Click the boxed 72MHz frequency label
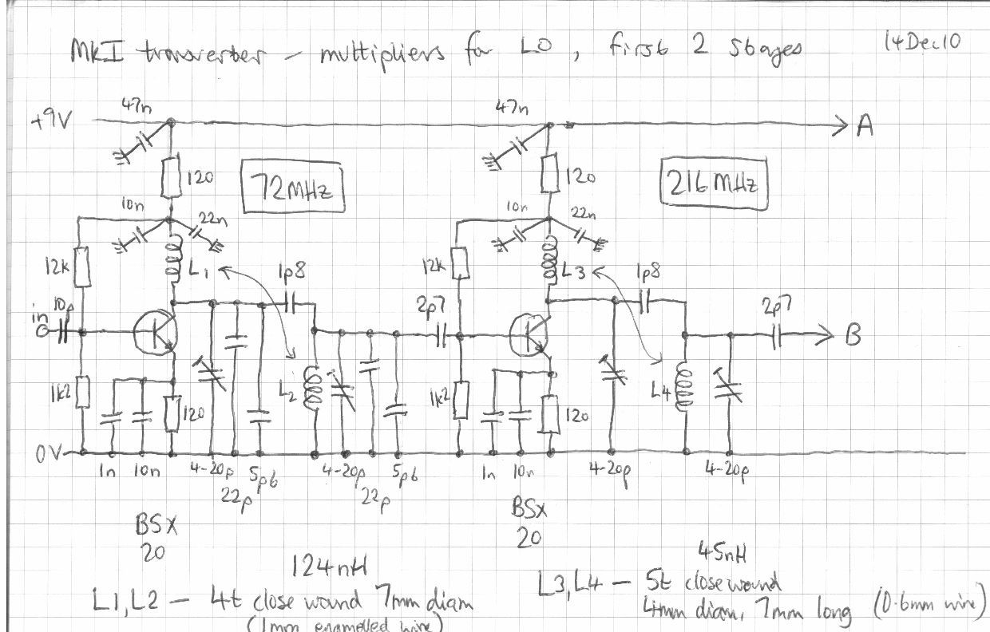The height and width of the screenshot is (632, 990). [294, 190]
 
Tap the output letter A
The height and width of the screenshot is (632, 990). [865, 126]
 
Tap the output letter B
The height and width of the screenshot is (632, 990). [853, 336]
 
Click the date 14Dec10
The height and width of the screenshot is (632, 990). [923, 41]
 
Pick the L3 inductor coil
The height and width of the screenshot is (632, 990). [550, 262]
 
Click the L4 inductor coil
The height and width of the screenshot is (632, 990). [684, 384]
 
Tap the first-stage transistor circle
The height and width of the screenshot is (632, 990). [154, 331]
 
